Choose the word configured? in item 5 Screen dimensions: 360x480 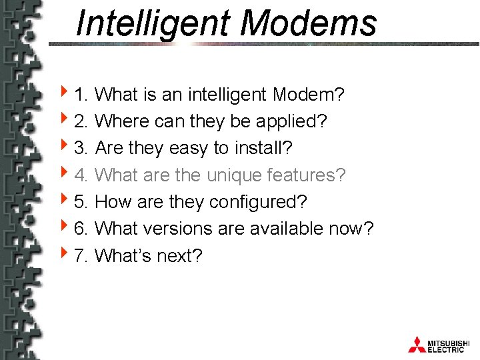click(x=271, y=202)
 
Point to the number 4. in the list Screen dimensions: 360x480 click(x=82, y=175)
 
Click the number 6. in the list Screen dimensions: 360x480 click(x=82, y=229)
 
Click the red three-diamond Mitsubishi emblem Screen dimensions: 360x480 click(x=417, y=344)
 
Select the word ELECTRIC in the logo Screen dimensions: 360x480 click(x=446, y=349)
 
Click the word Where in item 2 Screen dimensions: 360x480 click(x=123, y=121)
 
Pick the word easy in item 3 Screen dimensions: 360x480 click(x=189, y=149)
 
